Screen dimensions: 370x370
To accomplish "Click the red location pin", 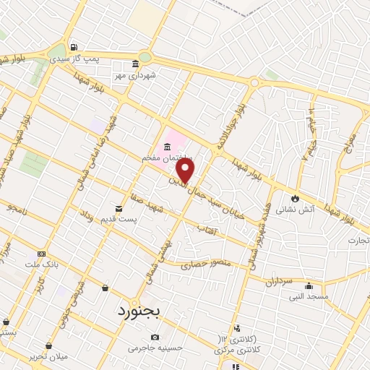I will pyautogui.click(x=186, y=171).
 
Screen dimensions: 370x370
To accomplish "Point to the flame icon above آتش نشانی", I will pyautogui.click(x=295, y=198).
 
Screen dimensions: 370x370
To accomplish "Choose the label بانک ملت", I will pyautogui.click(x=38, y=264).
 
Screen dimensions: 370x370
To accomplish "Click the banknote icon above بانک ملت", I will pyautogui.click(x=41, y=254).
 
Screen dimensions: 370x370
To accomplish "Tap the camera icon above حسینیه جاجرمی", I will pyautogui.click(x=154, y=337).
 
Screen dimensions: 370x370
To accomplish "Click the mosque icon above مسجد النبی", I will pyautogui.click(x=309, y=285).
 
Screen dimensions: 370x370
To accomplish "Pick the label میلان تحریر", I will pyautogui.click(x=48, y=358).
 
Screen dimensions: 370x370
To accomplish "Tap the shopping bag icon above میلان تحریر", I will pyautogui.click(x=48, y=346).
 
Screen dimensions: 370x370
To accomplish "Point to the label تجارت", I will pyautogui.click(x=358, y=240).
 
